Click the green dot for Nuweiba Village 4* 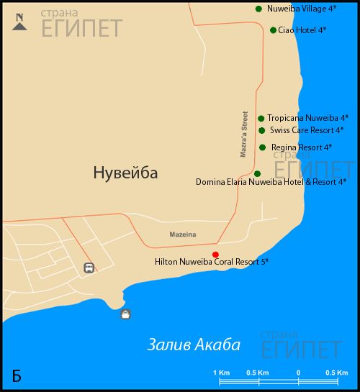pyautogui.click(x=258, y=9)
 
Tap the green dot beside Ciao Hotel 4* pyautogui.click(x=273, y=30)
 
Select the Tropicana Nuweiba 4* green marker pyautogui.click(x=261, y=118)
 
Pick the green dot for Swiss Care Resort pyautogui.click(x=262, y=130)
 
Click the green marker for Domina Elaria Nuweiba pyautogui.click(x=257, y=173)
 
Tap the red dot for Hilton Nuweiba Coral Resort pyautogui.click(x=215, y=254)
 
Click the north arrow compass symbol pyautogui.click(x=19, y=23)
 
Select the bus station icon pyautogui.click(x=89, y=268)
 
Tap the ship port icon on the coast pyautogui.click(x=126, y=314)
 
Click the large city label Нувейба pyautogui.click(x=125, y=173)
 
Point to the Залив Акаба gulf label pyautogui.click(x=193, y=345)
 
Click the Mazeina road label pyautogui.click(x=182, y=235)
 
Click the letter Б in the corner pyautogui.click(x=17, y=375)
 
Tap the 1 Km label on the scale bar pyautogui.click(x=221, y=372)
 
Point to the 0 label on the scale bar pyautogui.click(x=298, y=372)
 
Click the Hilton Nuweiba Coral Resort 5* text pyautogui.click(x=212, y=263)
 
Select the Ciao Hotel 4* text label pyautogui.click(x=302, y=30)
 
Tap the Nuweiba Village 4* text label pyautogui.click(x=302, y=9)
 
